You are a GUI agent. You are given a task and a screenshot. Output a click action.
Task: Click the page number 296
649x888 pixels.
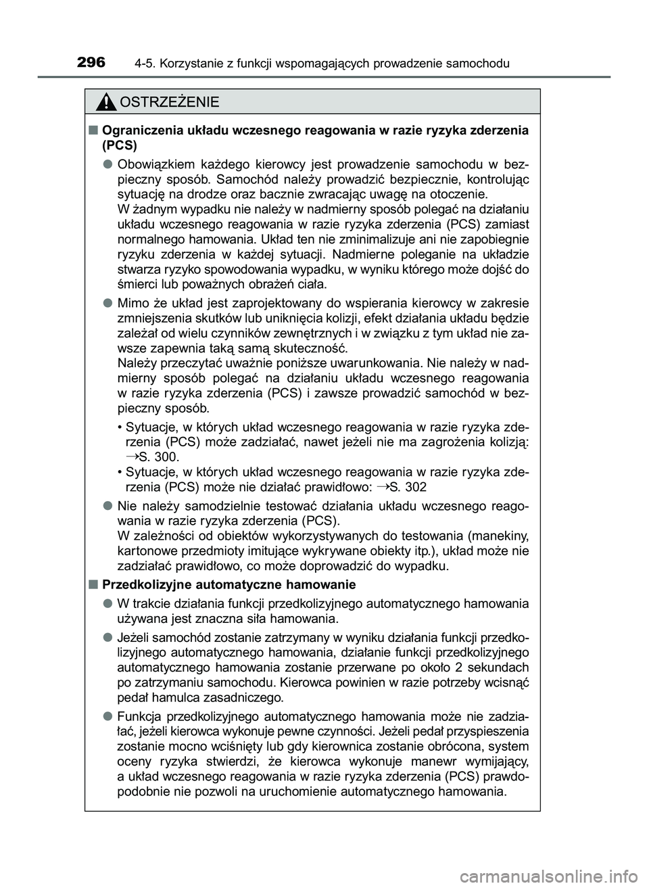[x=91, y=63]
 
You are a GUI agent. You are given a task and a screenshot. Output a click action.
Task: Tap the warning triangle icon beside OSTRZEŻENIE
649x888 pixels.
[x=105, y=103]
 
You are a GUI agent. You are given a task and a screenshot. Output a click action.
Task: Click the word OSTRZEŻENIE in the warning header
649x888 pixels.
[x=168, y=103]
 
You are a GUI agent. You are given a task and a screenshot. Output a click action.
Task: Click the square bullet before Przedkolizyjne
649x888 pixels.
[x=91, y=584]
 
